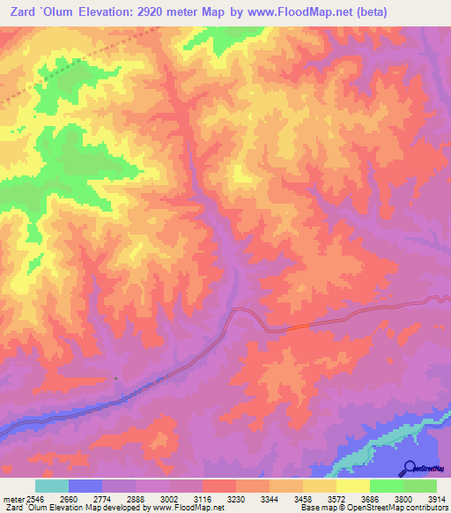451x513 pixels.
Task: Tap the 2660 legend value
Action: point(85,498)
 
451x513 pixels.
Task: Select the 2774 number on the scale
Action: point(118,498)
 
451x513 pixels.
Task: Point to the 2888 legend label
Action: point(152,498)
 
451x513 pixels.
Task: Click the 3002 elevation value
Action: point(185,498)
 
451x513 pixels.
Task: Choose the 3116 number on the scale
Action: point(218,498)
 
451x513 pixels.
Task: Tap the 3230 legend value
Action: point(252,498)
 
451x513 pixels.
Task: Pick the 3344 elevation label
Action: point(285,498)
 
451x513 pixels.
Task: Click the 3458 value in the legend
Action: point(319,498)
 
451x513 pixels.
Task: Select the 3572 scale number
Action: point(352,498)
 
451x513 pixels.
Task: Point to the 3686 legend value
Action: point(386,498)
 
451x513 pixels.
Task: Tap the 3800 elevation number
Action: point(419,498)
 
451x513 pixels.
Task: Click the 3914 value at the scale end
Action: point(440,498)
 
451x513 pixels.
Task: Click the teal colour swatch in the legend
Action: point(52,486)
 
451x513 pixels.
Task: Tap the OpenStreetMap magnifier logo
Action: point(407,468)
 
